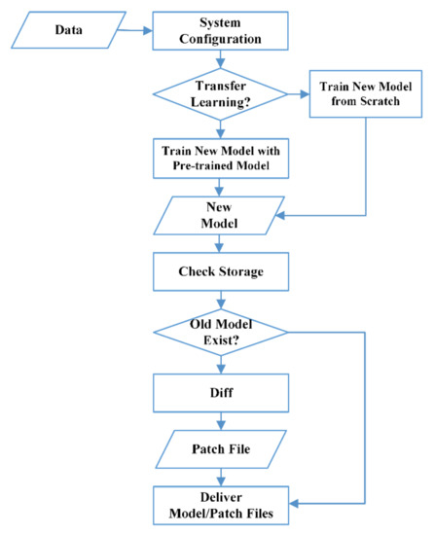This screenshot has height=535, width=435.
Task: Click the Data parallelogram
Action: tap(68, 31)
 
